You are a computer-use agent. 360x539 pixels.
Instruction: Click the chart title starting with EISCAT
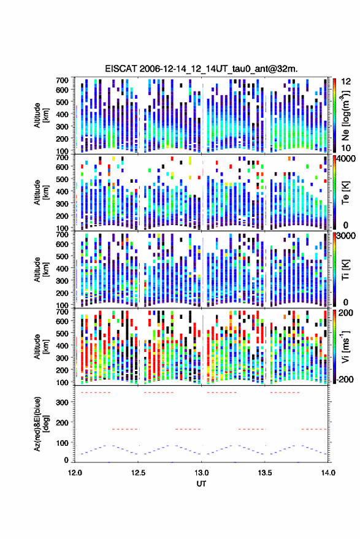[x=201, y=69]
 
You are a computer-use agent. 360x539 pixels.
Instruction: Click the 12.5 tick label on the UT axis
[x=138, y=473]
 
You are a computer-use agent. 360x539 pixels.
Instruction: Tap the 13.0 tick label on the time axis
[x=202, y=473]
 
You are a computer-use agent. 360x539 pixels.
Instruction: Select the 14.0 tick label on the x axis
[x=328, y=473]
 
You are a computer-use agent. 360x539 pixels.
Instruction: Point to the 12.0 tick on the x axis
[x=75, y=473]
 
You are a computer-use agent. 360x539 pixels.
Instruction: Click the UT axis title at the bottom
[x=201, y=484]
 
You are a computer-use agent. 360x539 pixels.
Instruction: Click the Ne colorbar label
[x=346, y=115]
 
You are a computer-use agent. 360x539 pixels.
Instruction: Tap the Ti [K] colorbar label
[x=345, y=270]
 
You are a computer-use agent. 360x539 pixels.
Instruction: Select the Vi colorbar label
[x=346, y=346]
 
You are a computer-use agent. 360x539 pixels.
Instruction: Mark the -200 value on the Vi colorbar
[x=345, y=379]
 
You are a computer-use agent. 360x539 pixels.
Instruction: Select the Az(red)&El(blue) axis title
[x=41, y=424]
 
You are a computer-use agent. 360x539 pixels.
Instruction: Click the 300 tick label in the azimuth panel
[x=62, y=402]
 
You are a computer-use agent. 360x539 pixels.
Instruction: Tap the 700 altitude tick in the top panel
[x=62, y=80]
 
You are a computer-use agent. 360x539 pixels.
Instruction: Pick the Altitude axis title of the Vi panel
[x=40, y=346]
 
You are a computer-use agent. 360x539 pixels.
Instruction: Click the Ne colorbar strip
[x=334, y=115]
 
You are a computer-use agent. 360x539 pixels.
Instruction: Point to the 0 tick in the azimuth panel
[x=66, y=460]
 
